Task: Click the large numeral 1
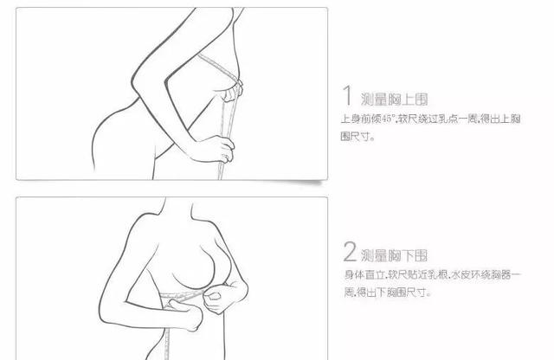coord(348,95)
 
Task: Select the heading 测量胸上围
coord(394,100)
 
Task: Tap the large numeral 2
coord(350,252)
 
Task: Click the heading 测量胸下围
coord(394,255)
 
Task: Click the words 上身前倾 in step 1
coord(361,119)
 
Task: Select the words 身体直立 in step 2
coord(364,274)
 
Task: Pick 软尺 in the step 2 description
coord(397,274)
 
